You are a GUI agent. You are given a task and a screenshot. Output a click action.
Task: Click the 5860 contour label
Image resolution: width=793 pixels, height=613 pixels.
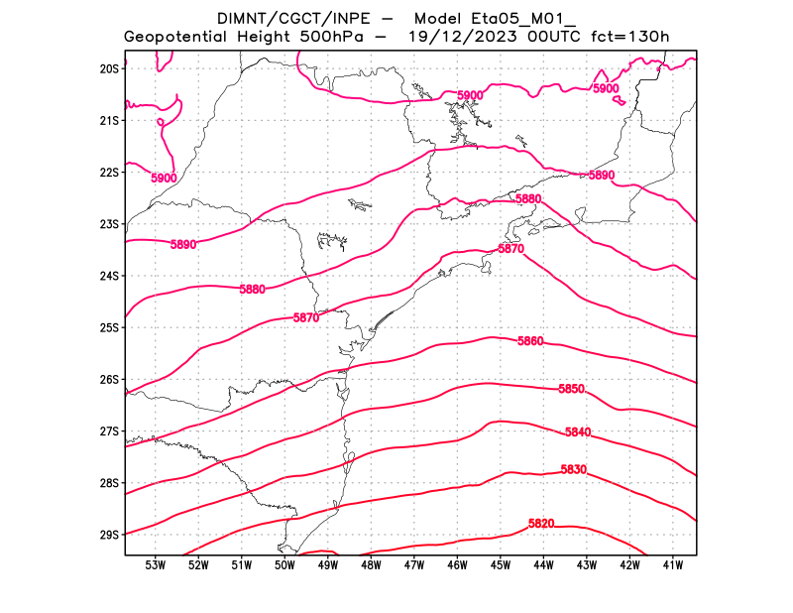tap(530, 341)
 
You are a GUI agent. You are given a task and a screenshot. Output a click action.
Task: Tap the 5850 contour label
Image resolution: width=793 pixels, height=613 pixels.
tap(571, 389)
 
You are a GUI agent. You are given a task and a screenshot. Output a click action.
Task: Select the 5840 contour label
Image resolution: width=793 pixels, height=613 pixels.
tap(578, 432)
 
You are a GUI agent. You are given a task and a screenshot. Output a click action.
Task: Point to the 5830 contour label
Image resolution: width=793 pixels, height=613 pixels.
tap(574, 469)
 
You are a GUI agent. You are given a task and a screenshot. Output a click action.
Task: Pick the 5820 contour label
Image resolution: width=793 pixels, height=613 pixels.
tap(541, 523)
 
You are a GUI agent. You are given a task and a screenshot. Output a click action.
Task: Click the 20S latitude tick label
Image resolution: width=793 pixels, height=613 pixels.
tap(109, 68)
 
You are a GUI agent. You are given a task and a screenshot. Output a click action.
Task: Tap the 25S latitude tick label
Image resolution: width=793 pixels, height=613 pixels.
tap(109, 327)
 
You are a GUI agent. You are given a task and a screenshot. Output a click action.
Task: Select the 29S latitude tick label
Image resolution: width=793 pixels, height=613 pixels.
tap(109, 535)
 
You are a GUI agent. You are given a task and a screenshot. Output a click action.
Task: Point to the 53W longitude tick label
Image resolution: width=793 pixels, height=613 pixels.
tap(155, 565)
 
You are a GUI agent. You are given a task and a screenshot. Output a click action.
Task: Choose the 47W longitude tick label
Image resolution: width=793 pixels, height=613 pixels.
tap(414, 565)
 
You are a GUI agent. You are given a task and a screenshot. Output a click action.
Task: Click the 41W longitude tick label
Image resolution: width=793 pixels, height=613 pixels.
tap(673, 565)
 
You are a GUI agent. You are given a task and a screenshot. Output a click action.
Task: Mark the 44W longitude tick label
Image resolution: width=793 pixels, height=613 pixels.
tap(543, 565)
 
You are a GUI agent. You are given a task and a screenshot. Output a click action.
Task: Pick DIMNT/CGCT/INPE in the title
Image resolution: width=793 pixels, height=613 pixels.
tap(281, 18)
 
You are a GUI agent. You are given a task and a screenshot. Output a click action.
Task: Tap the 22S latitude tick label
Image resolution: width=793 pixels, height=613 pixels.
tap(109, 173)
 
